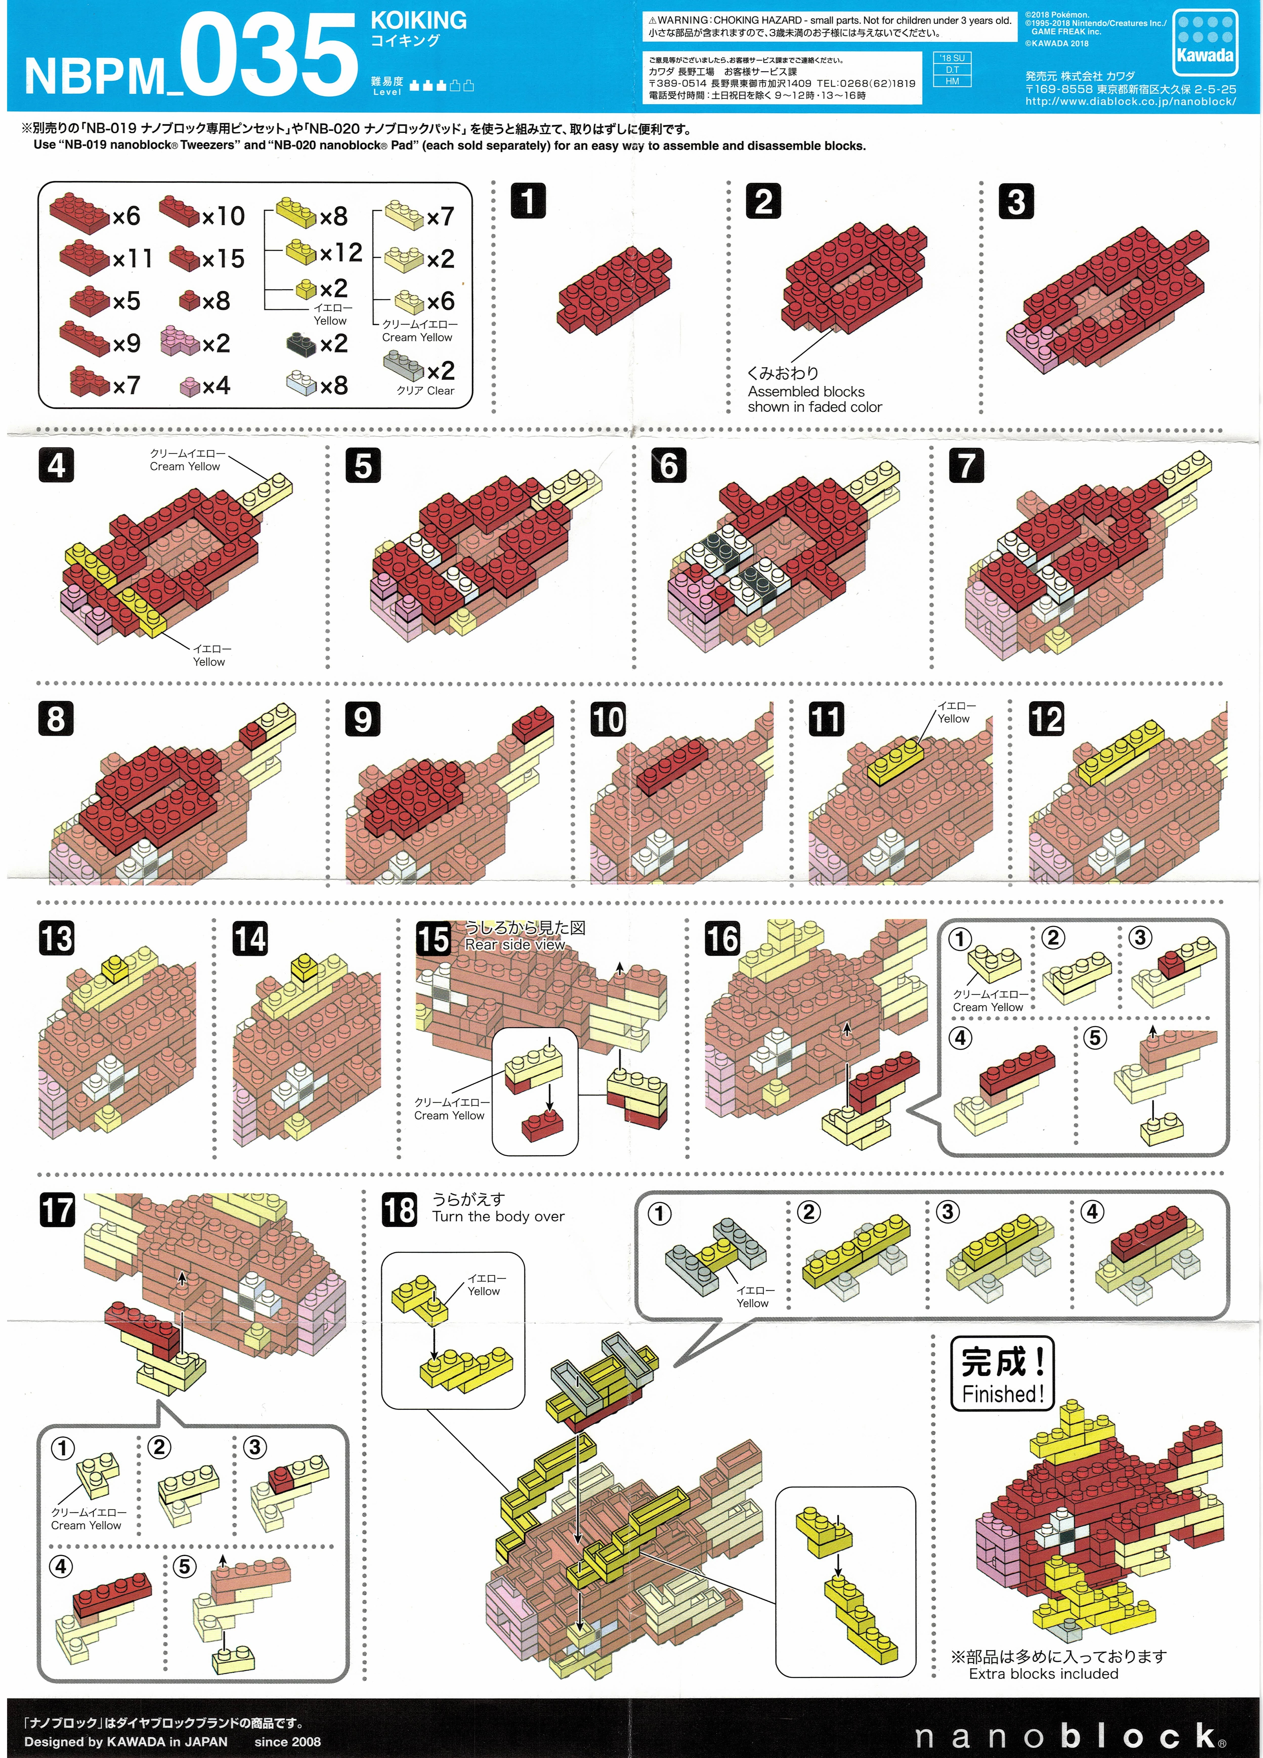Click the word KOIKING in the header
[419, 20]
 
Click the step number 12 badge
[1046, 719]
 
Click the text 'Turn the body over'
[499, 1216]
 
